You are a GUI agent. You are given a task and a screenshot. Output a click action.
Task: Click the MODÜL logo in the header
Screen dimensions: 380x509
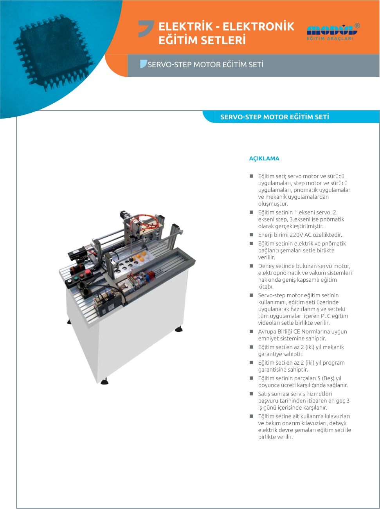330,32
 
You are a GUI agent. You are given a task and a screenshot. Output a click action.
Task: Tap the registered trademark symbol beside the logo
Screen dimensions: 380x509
357,26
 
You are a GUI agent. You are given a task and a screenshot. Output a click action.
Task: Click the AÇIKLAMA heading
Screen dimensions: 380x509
264,158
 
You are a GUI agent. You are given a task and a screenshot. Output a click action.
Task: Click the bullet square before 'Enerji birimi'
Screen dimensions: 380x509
251,235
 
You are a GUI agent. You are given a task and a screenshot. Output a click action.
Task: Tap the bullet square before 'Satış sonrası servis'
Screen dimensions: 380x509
251,394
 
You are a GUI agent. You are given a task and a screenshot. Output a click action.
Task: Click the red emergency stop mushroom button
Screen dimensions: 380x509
87,272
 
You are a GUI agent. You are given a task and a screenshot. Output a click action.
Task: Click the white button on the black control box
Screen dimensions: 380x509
69,281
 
